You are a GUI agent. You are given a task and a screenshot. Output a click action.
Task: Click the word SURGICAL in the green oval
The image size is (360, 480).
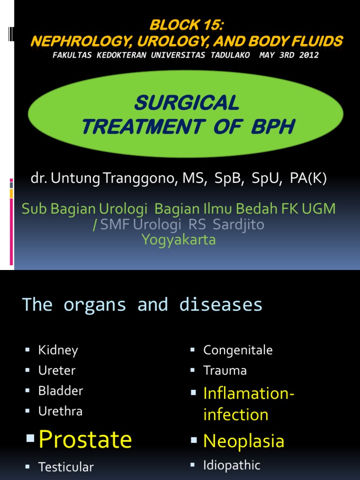click(x=187, y=103)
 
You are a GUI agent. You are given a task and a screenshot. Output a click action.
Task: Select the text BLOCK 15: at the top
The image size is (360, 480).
click(x=186, y=26)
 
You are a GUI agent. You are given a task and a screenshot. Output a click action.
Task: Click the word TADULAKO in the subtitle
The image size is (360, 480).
click(x=227, y=55)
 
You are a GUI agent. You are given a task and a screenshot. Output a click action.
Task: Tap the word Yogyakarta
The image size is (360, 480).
click(x=179, y=240)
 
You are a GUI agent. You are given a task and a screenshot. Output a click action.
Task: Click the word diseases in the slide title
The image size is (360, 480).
click(x=221, y=305)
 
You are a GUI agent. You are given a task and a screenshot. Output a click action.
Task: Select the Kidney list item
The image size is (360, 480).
click(x=58, y=350)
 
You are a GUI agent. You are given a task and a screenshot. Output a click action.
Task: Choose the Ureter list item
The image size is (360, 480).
click(x=57, y=370)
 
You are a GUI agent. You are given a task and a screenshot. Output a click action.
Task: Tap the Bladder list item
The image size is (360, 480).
click(x=60, y=390)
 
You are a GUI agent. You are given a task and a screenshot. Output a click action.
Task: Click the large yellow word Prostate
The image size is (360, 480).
click(x=85, y=440)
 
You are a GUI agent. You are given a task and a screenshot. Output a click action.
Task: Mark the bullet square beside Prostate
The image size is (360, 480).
click(x=30, y=439)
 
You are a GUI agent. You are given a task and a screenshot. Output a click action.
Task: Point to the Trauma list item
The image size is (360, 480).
click(x=225, y=370)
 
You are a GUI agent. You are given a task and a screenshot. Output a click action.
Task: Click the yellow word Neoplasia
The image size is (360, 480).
click(x=243, y=441)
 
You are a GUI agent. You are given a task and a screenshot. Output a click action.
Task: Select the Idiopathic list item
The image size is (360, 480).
click(x=232, y=465)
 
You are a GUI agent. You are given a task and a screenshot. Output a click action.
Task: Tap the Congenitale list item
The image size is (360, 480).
click(x=238, y=350)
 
